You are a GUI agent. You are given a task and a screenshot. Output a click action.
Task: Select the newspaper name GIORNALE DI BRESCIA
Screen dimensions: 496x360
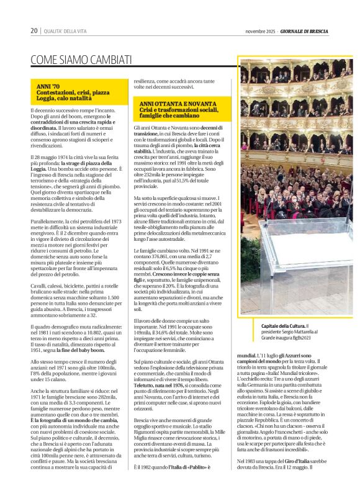pyautogui.click(x=304, y=31)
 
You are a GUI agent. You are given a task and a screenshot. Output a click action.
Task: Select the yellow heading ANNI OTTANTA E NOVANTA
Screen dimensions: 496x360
pyautogui.click(x=169, y=104)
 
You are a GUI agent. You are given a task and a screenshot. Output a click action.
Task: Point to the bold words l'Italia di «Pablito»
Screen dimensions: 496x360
pyautogui.click(x=189, y=466)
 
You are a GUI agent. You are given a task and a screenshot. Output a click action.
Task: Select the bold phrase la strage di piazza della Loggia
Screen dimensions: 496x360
pyautogui.click(x=81, y=163)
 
